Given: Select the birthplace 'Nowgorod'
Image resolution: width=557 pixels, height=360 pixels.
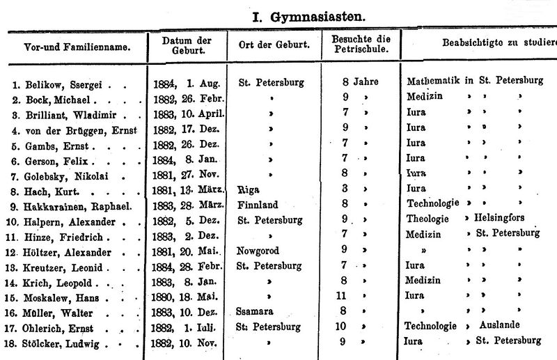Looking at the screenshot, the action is pyautogui.click(x=261, y=250).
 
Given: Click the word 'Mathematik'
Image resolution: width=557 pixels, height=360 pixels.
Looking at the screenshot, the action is pyautogui.click(x=433, y=81).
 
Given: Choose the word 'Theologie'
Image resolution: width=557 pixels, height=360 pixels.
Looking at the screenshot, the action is pyautogui.click(x=427, y=219).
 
